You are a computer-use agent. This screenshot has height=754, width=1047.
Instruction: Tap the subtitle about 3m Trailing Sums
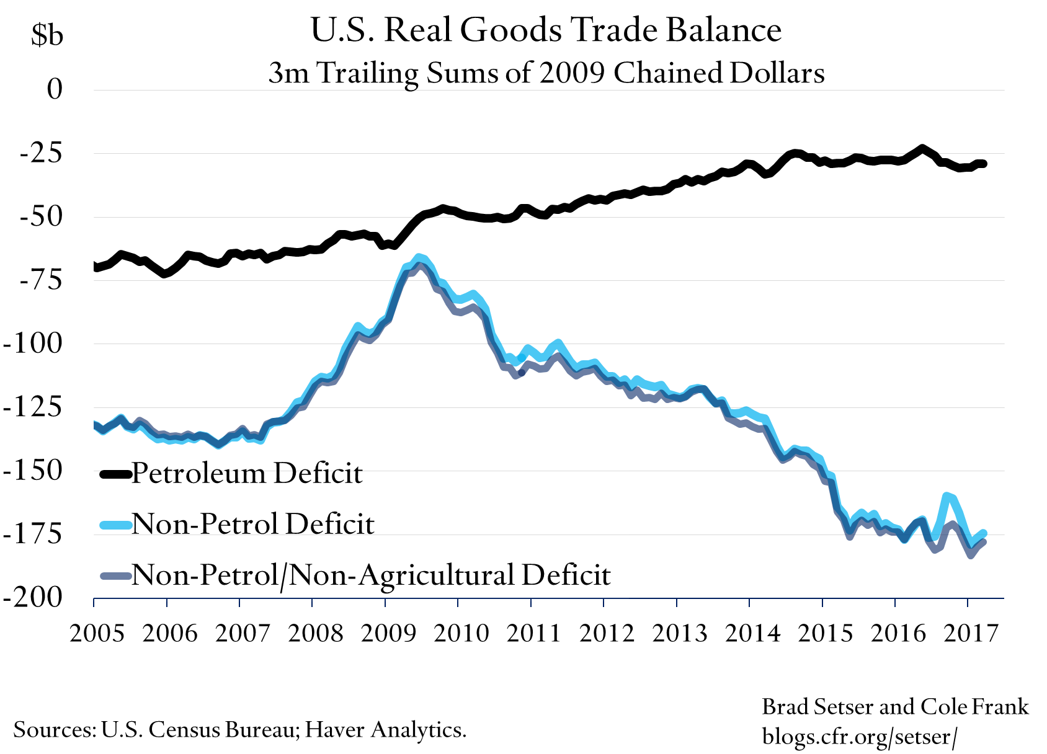coord(546,73)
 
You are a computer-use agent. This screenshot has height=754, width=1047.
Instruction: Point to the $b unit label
coord(47,36)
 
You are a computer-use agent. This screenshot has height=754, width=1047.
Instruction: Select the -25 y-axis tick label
coord(41,153)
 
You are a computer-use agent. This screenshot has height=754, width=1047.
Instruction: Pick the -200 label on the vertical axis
coord(34,597)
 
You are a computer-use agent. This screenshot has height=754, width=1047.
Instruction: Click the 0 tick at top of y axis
coord(55,89)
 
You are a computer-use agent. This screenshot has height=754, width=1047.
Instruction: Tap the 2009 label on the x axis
coord(388,633)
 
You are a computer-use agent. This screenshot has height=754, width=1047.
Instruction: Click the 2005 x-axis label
coord(97,633)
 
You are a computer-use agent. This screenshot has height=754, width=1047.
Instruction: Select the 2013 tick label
coord(679,633)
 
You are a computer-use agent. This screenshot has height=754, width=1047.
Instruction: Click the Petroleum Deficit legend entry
coord(247,474)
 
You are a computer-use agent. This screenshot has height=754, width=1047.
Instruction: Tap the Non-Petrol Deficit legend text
coord(253,525)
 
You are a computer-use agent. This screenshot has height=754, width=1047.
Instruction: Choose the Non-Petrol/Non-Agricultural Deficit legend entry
coord(371,575)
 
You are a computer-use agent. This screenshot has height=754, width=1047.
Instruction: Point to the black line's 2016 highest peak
coord(922,148)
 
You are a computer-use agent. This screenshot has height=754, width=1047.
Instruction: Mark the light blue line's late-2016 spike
coord(947,495)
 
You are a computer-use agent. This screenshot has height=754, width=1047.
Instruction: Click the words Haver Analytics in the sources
coord(385,729)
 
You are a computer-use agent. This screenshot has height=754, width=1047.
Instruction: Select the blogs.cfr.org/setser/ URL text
coord(860,737)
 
